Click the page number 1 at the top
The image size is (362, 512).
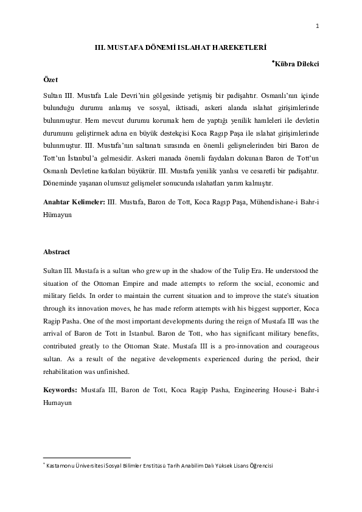coord(318,25)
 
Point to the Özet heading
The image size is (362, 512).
coord(50,80)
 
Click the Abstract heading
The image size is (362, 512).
coord(56,252)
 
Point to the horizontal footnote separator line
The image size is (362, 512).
coord(86,458)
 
